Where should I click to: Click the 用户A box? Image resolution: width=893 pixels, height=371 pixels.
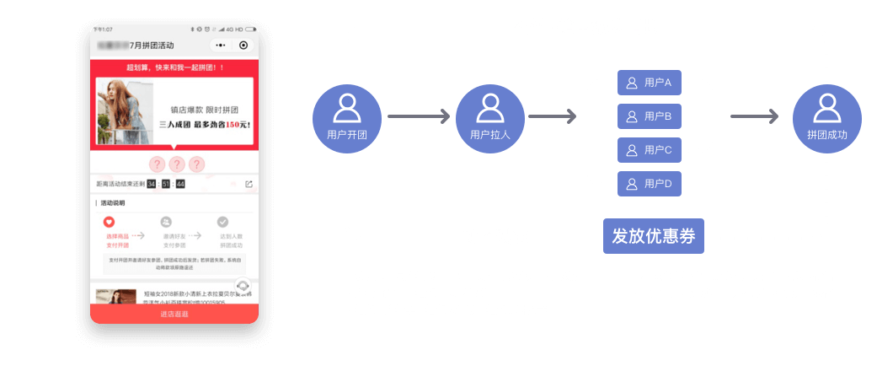click(650, 83)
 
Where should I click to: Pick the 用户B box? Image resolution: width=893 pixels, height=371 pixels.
click(650, 116)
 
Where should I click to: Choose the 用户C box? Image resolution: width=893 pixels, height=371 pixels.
click(650, 150)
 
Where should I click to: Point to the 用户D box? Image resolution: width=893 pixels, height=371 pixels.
click(650, 184)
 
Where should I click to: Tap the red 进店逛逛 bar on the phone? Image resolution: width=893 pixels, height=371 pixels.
click(174, 314)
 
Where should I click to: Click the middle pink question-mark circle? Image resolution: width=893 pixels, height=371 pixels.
click(176, 164)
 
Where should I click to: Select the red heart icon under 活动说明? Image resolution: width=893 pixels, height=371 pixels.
click(109, 222)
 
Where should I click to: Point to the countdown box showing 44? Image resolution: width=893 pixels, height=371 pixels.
click(180, 184)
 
